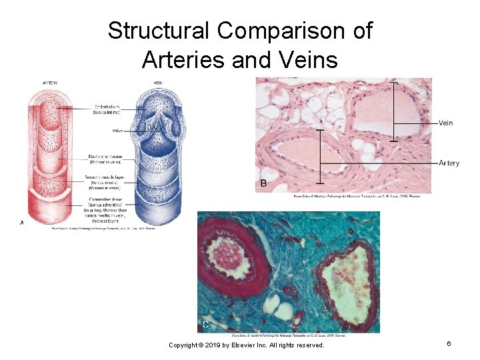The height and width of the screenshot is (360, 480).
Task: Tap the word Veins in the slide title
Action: pyautogui.click(x=307, y=59)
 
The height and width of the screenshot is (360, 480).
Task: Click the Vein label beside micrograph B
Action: pyautogui.click(x=446, y=123)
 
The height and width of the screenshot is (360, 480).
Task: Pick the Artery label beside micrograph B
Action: pyautogui.click(x=449, y=163)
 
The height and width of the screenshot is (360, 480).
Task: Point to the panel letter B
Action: pyautogui.click(x=263, y=183)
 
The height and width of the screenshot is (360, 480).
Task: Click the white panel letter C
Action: pyautogui.click(x=205, y=324)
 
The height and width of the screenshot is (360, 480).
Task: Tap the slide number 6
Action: pyautogui.click(x=449, y=343)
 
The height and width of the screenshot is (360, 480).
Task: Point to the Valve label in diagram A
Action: pyautogui.click(x=117, y=131)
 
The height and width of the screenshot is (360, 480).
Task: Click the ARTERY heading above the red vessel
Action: pyautogui.click(x=50, y=83)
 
